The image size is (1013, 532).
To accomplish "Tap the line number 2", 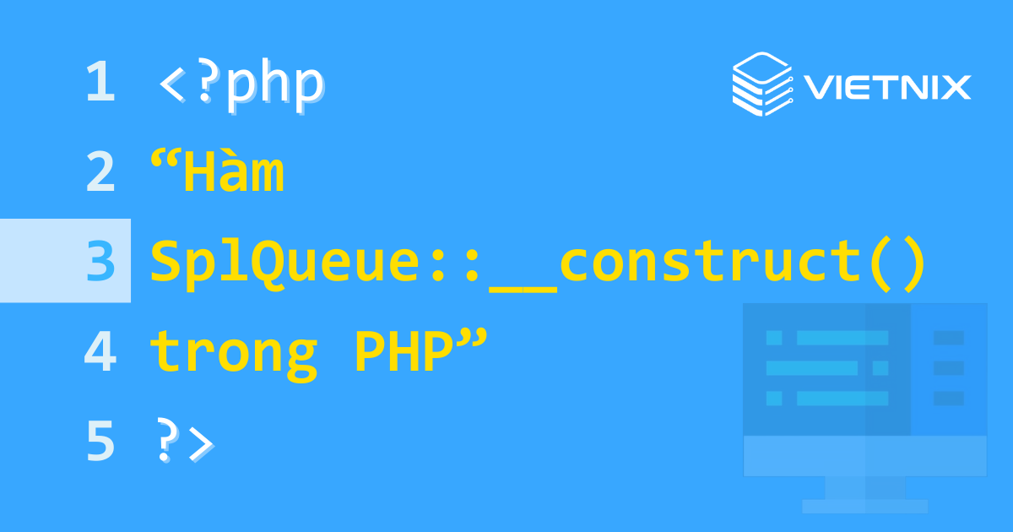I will [x=100, y=172].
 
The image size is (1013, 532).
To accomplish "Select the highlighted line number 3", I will [x=100, y=262].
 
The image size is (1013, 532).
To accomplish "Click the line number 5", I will [x=100, y=442].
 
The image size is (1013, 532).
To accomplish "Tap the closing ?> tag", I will [x=183, y=442].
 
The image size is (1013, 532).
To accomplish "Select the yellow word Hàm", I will [x=233, y=172].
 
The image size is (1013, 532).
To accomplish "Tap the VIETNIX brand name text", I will [x=886, y=86].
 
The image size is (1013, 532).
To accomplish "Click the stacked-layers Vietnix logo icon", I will [x=762, y=84].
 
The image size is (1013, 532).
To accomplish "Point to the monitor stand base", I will [x=864, y=506].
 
